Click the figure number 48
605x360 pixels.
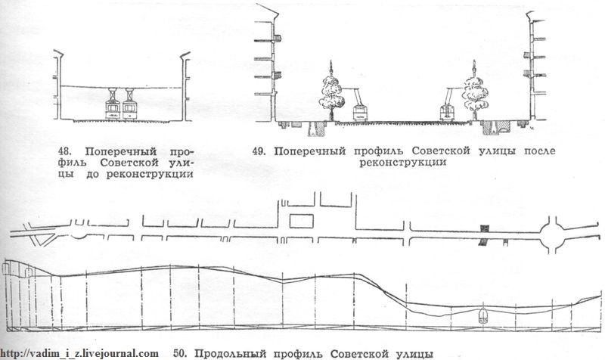tap(65, 151)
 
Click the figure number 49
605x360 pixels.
tap(259, 151)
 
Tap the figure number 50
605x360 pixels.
tap(181, 353)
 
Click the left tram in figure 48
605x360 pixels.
tap(113, 104)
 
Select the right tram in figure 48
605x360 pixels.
tap(129, 104)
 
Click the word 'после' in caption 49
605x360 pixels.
tap(539, 151)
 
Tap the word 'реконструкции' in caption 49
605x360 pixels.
tap(403, 162)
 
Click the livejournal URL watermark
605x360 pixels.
tap(79, 353)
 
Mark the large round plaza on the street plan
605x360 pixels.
tap(551, 234)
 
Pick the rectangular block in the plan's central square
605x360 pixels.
tap(301, 222)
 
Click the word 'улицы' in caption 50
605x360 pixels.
tap(414, 353)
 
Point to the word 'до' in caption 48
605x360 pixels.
tap(93, 174)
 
